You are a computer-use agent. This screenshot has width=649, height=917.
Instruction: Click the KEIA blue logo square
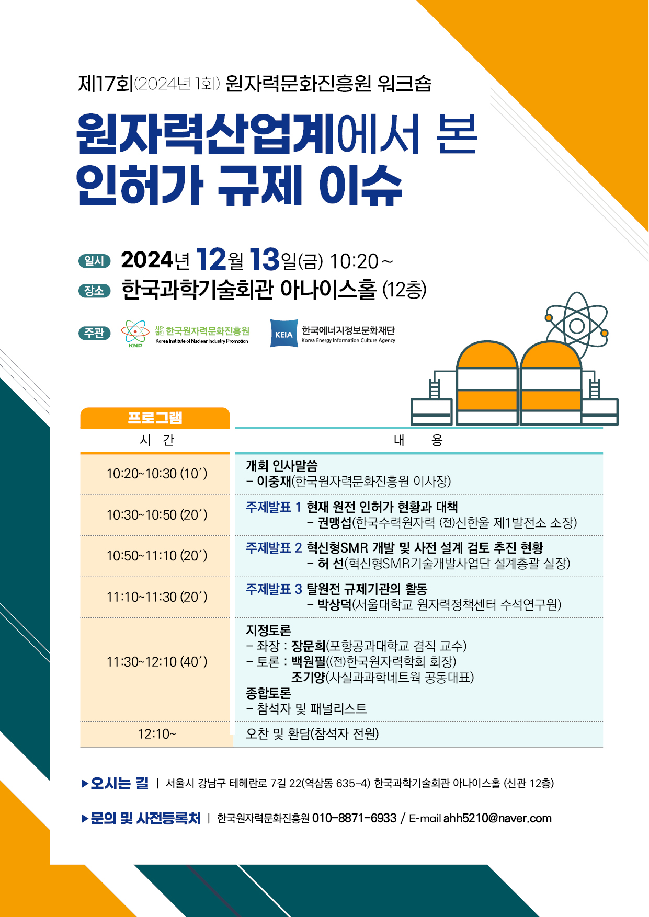[x=284, y=334]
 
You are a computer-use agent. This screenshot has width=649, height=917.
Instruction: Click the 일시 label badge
[x=95, y=261]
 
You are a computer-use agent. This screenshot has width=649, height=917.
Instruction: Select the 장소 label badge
[x=95, y=291]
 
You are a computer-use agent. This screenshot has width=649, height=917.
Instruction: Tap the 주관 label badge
[x=95, y=333]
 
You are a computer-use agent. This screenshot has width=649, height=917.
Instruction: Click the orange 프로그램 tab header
[x=155, y=418]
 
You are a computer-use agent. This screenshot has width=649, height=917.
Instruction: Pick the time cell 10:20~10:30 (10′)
[x=157, y=474]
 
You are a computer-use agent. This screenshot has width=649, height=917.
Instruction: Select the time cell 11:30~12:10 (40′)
[x=157, y=662]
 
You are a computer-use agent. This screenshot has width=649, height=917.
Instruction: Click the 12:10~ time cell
[x=157, y=734]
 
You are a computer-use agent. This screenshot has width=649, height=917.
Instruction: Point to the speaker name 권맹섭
[x=335, y=523]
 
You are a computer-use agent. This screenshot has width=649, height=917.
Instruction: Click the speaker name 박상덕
[x=335, y=605]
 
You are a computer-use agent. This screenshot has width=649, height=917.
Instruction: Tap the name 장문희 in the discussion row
[x=309, y=646]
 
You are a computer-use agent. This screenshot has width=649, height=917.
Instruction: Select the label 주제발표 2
[x=274, y=548]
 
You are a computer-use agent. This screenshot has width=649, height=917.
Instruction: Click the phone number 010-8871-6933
[x=354, y=818]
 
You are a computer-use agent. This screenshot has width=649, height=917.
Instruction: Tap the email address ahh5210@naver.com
[x=497, y=818]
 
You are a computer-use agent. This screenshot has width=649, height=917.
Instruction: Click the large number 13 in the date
[x=265, y=259]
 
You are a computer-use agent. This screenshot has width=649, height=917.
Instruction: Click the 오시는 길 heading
[x=120, y=783]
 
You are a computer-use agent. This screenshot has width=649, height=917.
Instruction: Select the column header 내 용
[x=418, y=440]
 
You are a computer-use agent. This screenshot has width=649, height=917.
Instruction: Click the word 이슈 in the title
[x=361, y=185]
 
